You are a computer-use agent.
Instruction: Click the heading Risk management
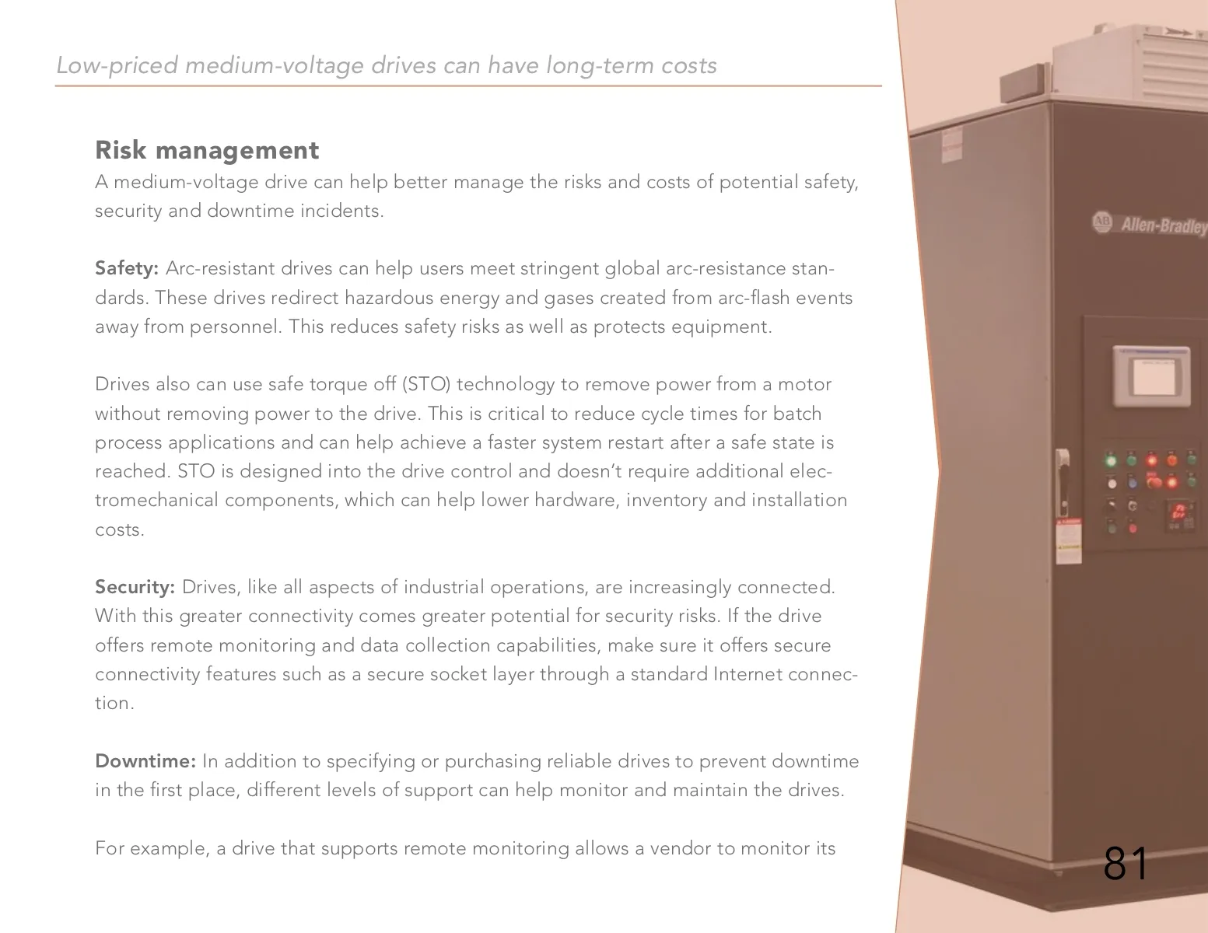pos(207,150)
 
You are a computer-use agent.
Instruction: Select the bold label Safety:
pos(127,269)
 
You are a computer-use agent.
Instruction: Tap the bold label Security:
pos(135,587)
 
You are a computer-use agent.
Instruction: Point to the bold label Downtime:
pos(145,761)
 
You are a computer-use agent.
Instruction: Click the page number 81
pos(1126,864)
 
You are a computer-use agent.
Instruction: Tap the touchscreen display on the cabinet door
pos(1152,376)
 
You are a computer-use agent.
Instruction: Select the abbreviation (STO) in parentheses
pos(425,385)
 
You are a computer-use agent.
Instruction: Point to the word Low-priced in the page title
pos(117,66)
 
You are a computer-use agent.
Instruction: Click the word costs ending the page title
pos(688,66)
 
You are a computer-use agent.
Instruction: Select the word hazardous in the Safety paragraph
pos(389,298)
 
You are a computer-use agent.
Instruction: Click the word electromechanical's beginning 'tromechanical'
pos(157,500)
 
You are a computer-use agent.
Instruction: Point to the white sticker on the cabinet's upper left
pos(951,145)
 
